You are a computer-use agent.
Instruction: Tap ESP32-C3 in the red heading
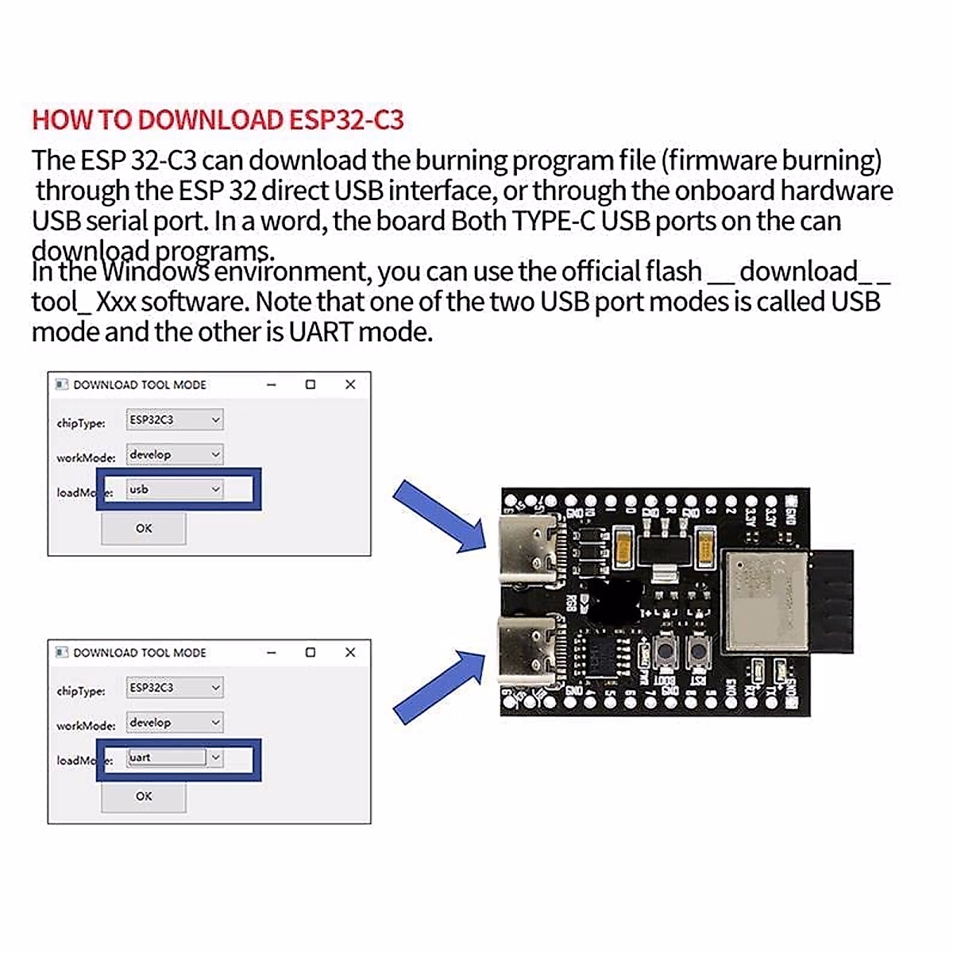click(x=346, y=120)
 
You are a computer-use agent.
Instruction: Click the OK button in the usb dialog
click(x=144, y=528)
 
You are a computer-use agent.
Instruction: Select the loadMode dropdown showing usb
click(x=175, y=489)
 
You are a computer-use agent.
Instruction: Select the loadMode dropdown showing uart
click(x=175, y=758)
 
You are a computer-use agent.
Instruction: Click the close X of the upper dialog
click(x=350, y=384)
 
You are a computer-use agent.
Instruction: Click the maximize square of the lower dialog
click(x=311, y=653)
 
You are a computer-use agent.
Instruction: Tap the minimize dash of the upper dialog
click(x=272, y=384)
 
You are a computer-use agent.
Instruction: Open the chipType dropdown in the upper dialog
click(x=175, y=420)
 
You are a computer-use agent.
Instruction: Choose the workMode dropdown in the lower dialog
click(x=175, y=723)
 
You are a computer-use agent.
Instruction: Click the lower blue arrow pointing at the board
click(x=438, y=685)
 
